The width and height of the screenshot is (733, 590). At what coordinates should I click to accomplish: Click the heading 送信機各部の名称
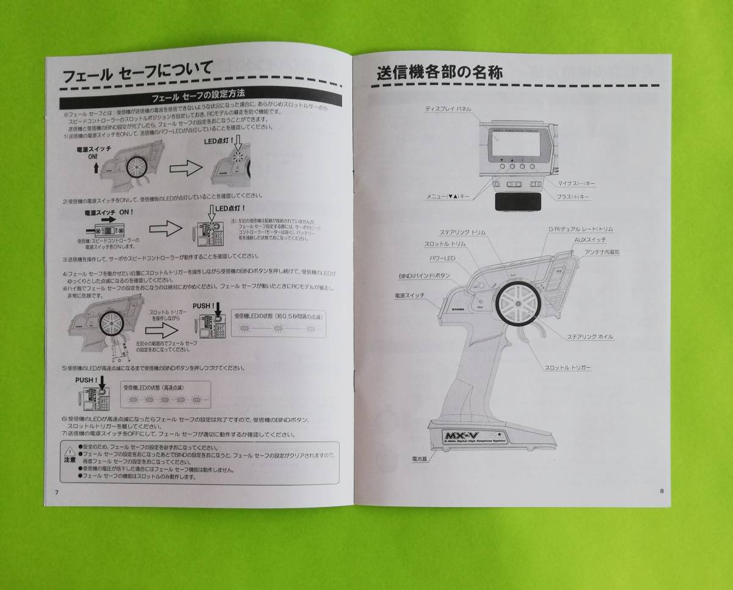click(440, 72)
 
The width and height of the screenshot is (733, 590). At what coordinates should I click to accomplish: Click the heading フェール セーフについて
click(138, 76)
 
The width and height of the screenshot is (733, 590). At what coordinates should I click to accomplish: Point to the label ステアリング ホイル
click(589, 337)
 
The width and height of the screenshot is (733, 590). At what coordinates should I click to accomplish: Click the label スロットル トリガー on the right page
click(567, 368)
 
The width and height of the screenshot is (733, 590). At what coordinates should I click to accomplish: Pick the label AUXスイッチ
click(589, 240)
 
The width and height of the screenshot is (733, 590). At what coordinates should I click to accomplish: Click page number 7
click(56, 492)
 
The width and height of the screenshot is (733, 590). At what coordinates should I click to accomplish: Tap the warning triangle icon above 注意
click(70, 450)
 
